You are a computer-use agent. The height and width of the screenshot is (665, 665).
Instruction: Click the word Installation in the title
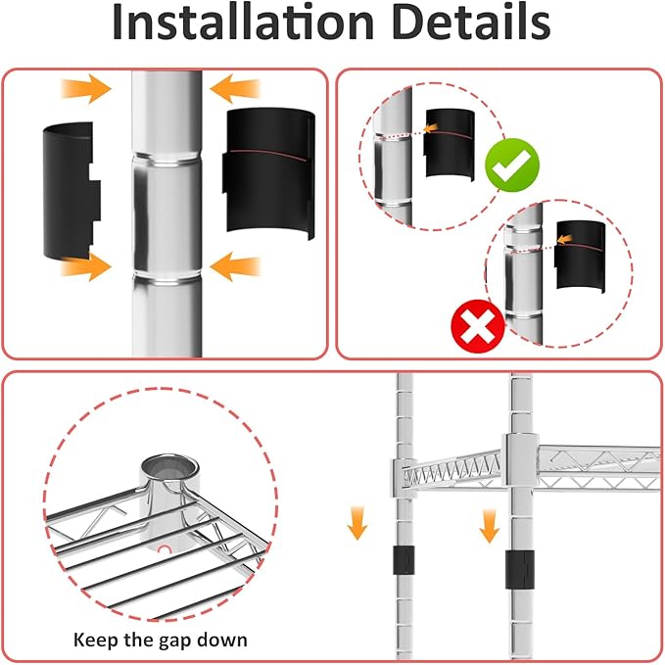[x=243, y=23]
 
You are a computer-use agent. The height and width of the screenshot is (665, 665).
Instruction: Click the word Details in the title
[x=471, y=23]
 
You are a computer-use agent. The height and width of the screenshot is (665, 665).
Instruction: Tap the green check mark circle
[x=512, y=165]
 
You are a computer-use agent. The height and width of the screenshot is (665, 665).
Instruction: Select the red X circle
[x=478, y=326]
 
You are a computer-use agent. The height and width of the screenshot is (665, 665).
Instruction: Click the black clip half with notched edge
[x=71, y=191]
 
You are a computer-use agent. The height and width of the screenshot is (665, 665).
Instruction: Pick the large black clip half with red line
[x=269, y=172]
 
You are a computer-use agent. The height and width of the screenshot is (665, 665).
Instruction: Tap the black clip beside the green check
[x=450, y=145]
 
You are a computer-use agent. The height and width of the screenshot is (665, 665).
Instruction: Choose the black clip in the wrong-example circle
[x=580, y=257]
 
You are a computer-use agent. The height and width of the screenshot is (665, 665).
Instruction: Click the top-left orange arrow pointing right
[x=86, y=89]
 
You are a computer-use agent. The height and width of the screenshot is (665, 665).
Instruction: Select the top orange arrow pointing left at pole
[x=234, y=89]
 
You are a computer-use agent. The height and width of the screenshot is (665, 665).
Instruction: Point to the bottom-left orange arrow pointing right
[x=86, y=266]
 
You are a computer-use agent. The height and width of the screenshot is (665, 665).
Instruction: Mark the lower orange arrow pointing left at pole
[x=234, y=266]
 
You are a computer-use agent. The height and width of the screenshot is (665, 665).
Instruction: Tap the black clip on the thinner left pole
[x=404, y=560]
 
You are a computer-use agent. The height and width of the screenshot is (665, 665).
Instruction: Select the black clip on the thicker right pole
[x=519, y=569]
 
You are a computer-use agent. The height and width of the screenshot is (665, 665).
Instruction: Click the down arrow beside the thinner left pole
[x=357, y=523]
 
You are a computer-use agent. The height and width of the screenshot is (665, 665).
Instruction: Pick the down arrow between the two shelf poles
[x=490, y=526]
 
